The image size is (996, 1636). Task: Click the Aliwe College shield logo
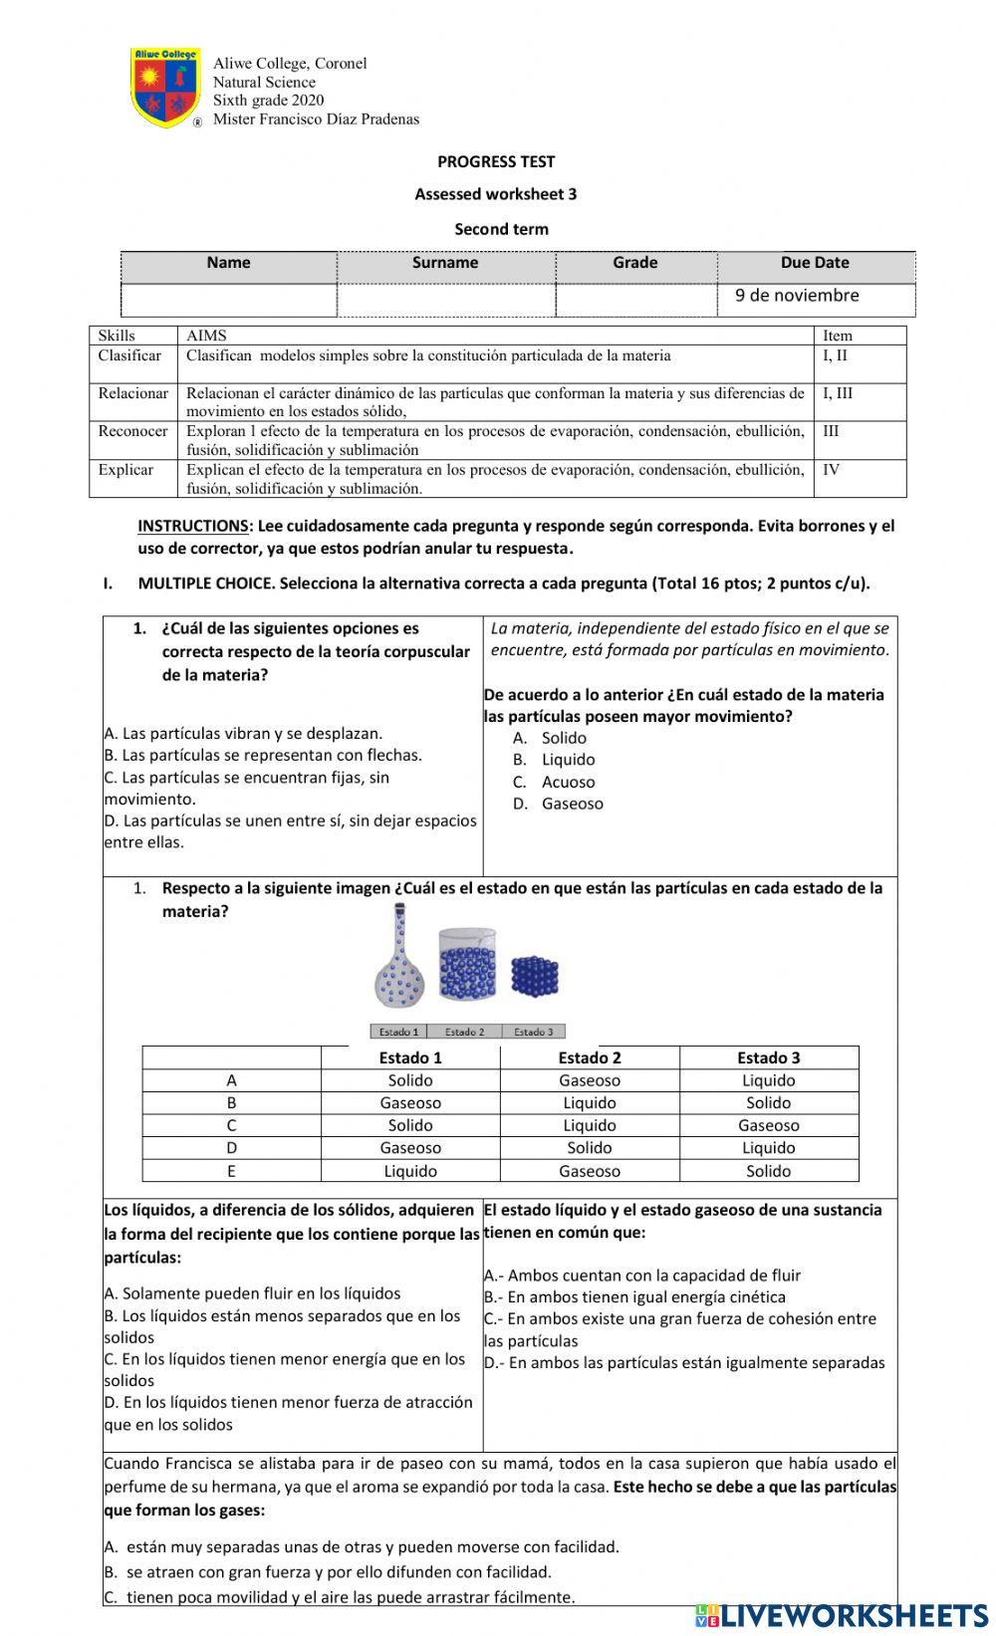[x=165, y=88]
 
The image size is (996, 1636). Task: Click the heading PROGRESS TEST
[x=496, y=161]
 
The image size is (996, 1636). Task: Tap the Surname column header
[x=445, y=263]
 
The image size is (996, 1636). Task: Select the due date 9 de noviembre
[x=797, y=295]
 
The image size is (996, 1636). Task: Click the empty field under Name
[x=229, y=300]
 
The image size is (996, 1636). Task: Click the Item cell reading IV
[x=832, y=469]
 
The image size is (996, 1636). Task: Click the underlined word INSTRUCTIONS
[x=193, y=526]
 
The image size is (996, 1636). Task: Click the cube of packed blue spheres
[x=535, y=976]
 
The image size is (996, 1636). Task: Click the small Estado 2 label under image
[x=465, y=1032]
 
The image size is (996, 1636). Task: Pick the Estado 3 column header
[x=768, y=1057]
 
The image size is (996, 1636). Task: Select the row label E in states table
[x=231, y=1171]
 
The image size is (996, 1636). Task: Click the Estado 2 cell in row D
[x=589, y=1148]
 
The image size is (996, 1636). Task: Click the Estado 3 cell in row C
[x=768, y=1125]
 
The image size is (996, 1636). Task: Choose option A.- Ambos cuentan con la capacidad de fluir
[x=642, y=1276]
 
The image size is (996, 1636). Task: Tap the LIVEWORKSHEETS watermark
[x=842, y=1614]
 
